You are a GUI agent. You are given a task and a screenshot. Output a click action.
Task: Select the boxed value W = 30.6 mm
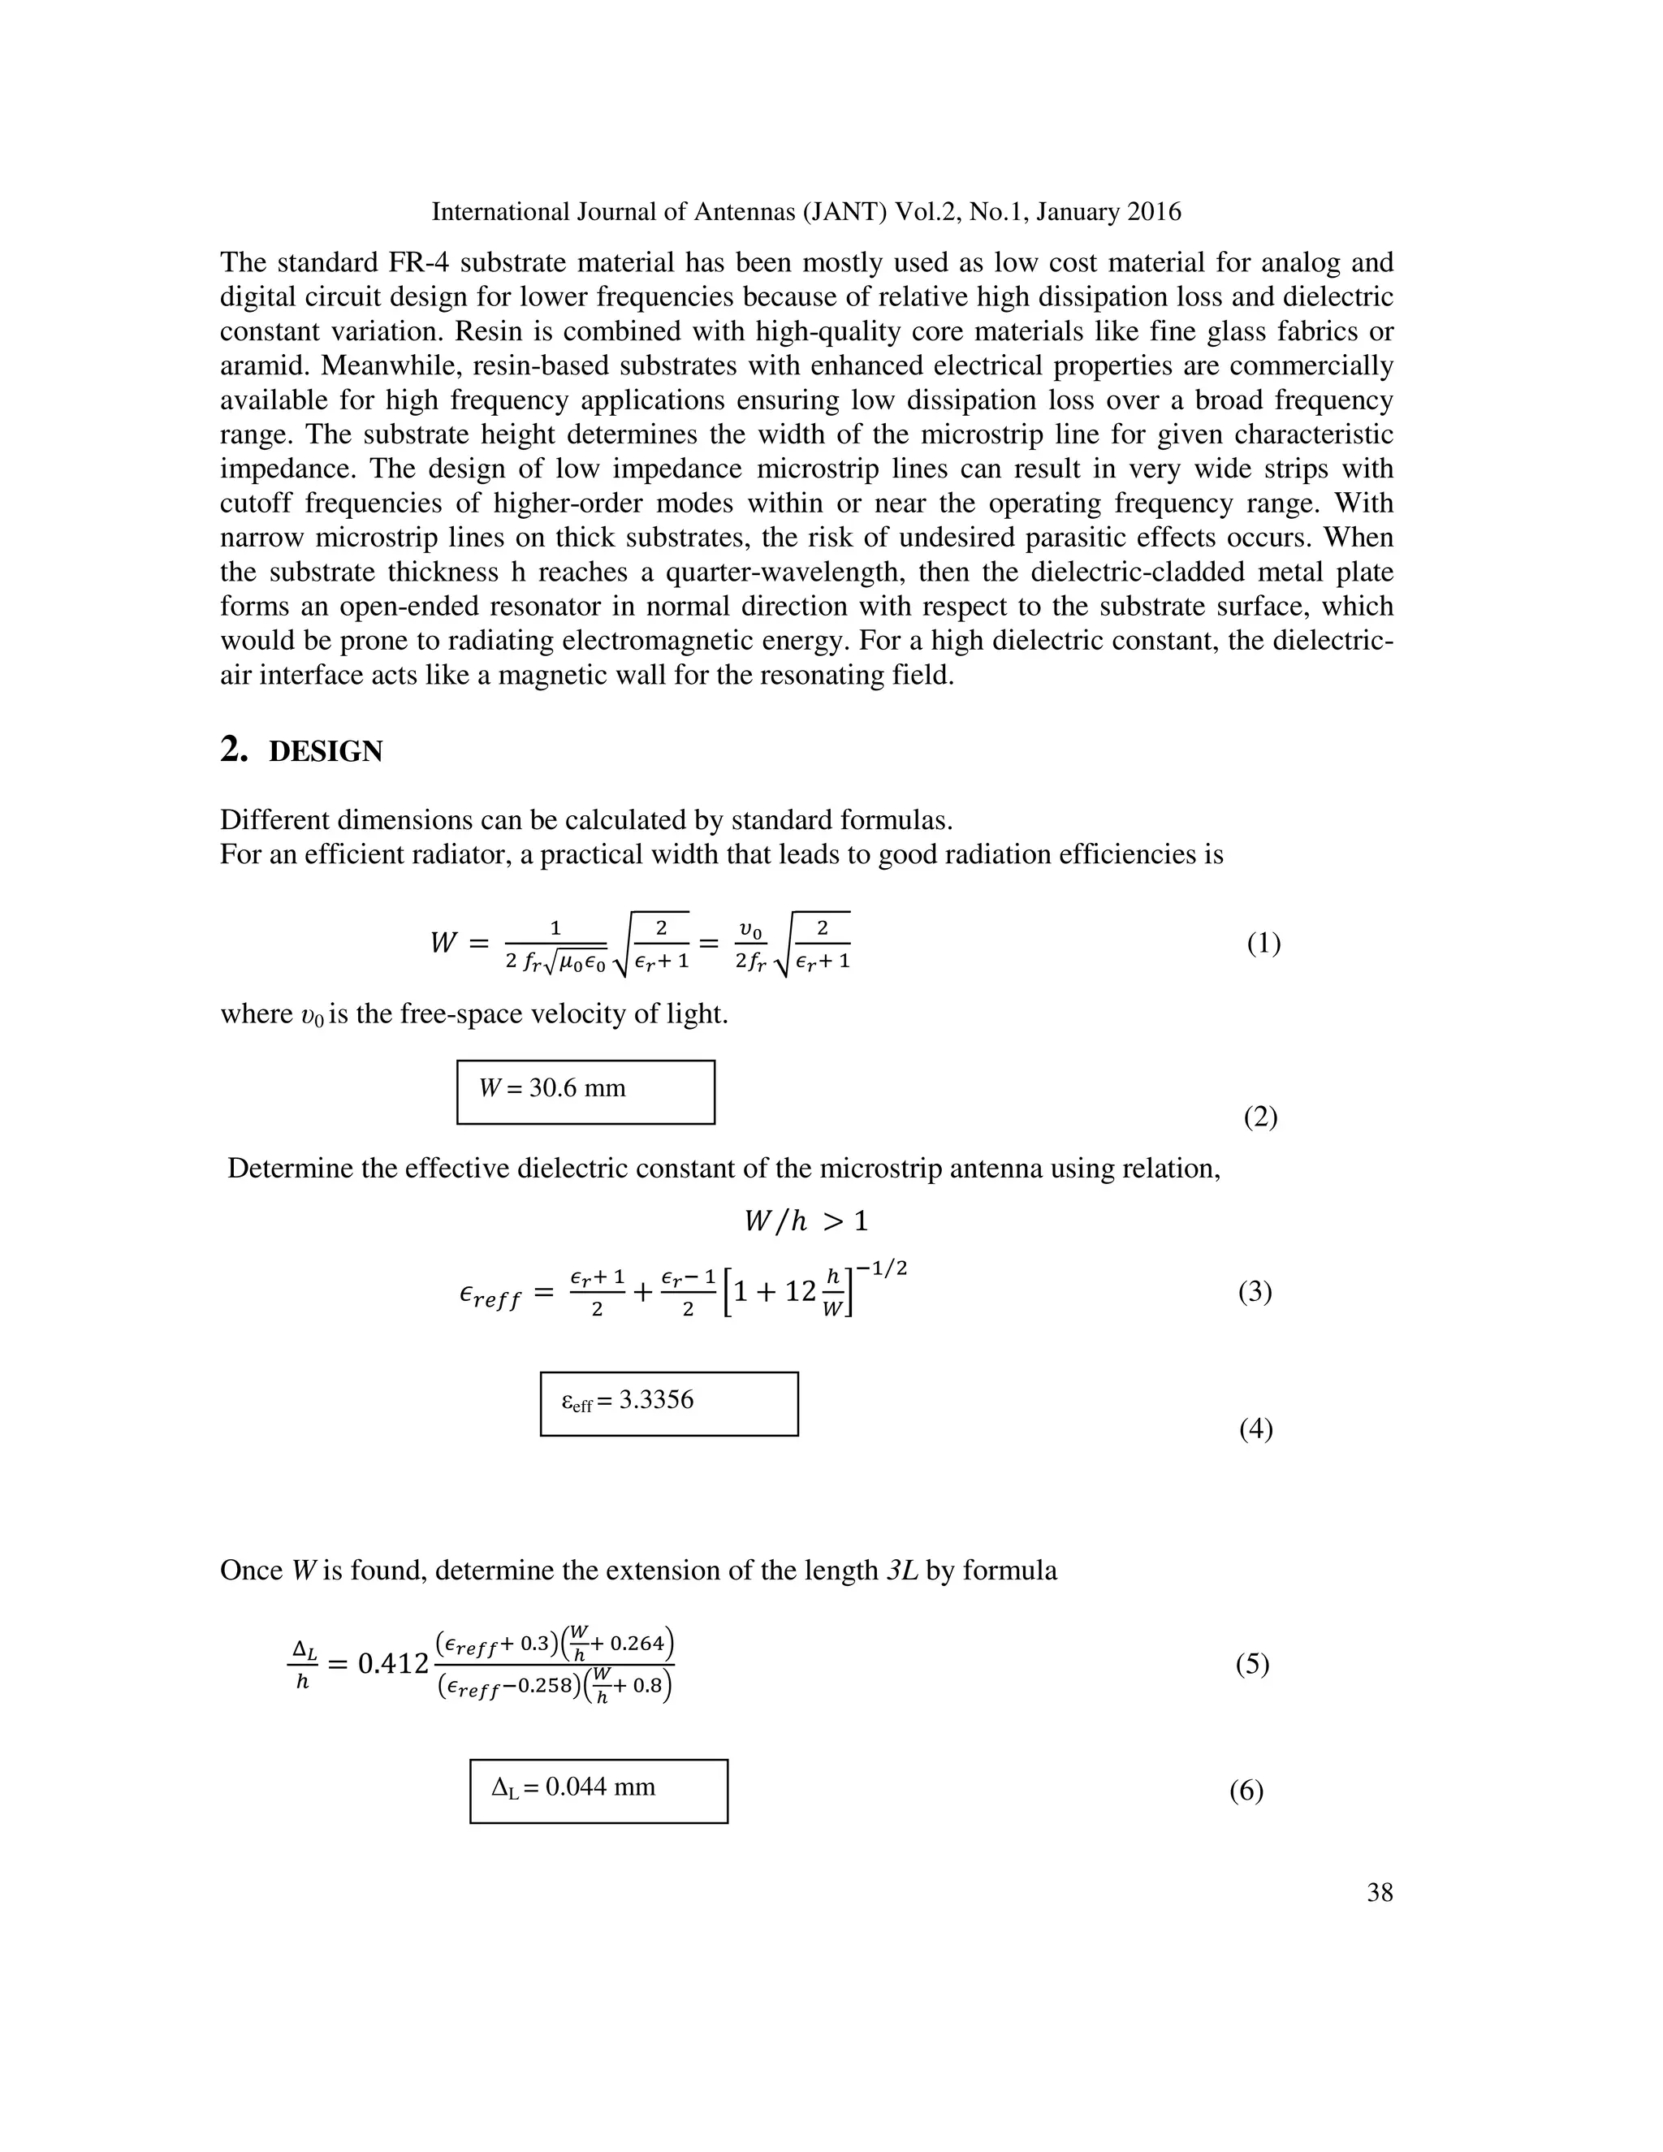(x=553, y=1088)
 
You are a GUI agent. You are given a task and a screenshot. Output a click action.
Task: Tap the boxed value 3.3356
(x=656, y=1400)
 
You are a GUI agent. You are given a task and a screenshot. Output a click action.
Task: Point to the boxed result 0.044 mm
(x=599, y=1787)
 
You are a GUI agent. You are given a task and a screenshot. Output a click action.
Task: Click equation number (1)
(x=1263, y=943)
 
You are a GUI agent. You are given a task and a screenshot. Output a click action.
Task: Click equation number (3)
(x=1254, y=1291)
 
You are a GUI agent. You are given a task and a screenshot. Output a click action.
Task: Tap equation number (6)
(x=1246, y=1791)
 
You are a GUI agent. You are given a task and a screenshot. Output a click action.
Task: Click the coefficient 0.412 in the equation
(x=393, y=1664)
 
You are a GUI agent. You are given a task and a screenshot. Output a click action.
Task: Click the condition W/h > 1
(x=805, y=1222)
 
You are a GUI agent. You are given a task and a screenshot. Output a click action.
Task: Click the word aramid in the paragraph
(x=263, y=366)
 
